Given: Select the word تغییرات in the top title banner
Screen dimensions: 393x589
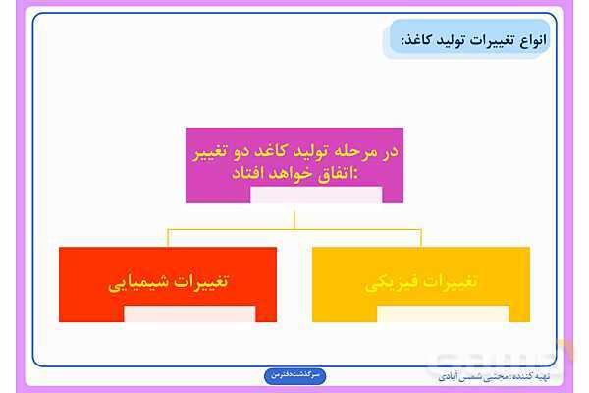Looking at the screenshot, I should click(x=495, y=41).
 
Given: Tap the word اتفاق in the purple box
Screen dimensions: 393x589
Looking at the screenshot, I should click(x=338, y=173).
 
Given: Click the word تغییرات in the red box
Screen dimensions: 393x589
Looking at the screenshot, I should click(x=206, y=281).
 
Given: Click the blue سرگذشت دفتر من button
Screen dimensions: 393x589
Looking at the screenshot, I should click(x=294, y=376).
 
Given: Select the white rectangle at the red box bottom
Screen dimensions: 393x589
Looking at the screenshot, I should click(x=189, y=314).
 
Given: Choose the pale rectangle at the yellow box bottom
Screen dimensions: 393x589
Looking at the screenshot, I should click(x=443, y=314).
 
